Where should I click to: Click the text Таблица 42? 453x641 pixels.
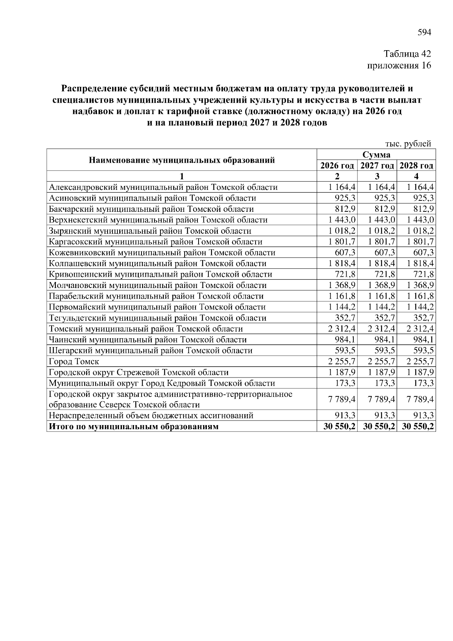pos(407,54)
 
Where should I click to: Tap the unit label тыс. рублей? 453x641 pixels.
pos(408,144)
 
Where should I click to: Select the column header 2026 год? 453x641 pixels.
pos(337,166)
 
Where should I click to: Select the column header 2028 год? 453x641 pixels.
pos(416,166)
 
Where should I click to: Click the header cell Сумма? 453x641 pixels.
pos(376,155)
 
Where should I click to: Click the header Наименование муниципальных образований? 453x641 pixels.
pos(182,160)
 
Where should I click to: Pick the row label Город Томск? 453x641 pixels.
pos(74,362)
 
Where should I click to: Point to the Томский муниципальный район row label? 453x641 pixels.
pos(146,329)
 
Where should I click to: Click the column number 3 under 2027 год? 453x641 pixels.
pos(377,176)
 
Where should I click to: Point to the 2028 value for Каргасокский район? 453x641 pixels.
pos(420,242)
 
